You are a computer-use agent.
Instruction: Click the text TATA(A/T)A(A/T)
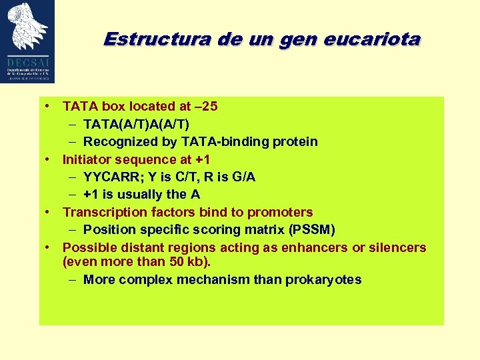tap(136, 124)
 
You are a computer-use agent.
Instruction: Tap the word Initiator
tap(87, 159)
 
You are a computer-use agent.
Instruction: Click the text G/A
tap(243, 177)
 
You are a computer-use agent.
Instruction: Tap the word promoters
tap(280, 212)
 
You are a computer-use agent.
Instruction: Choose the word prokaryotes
tap(323, 280)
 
